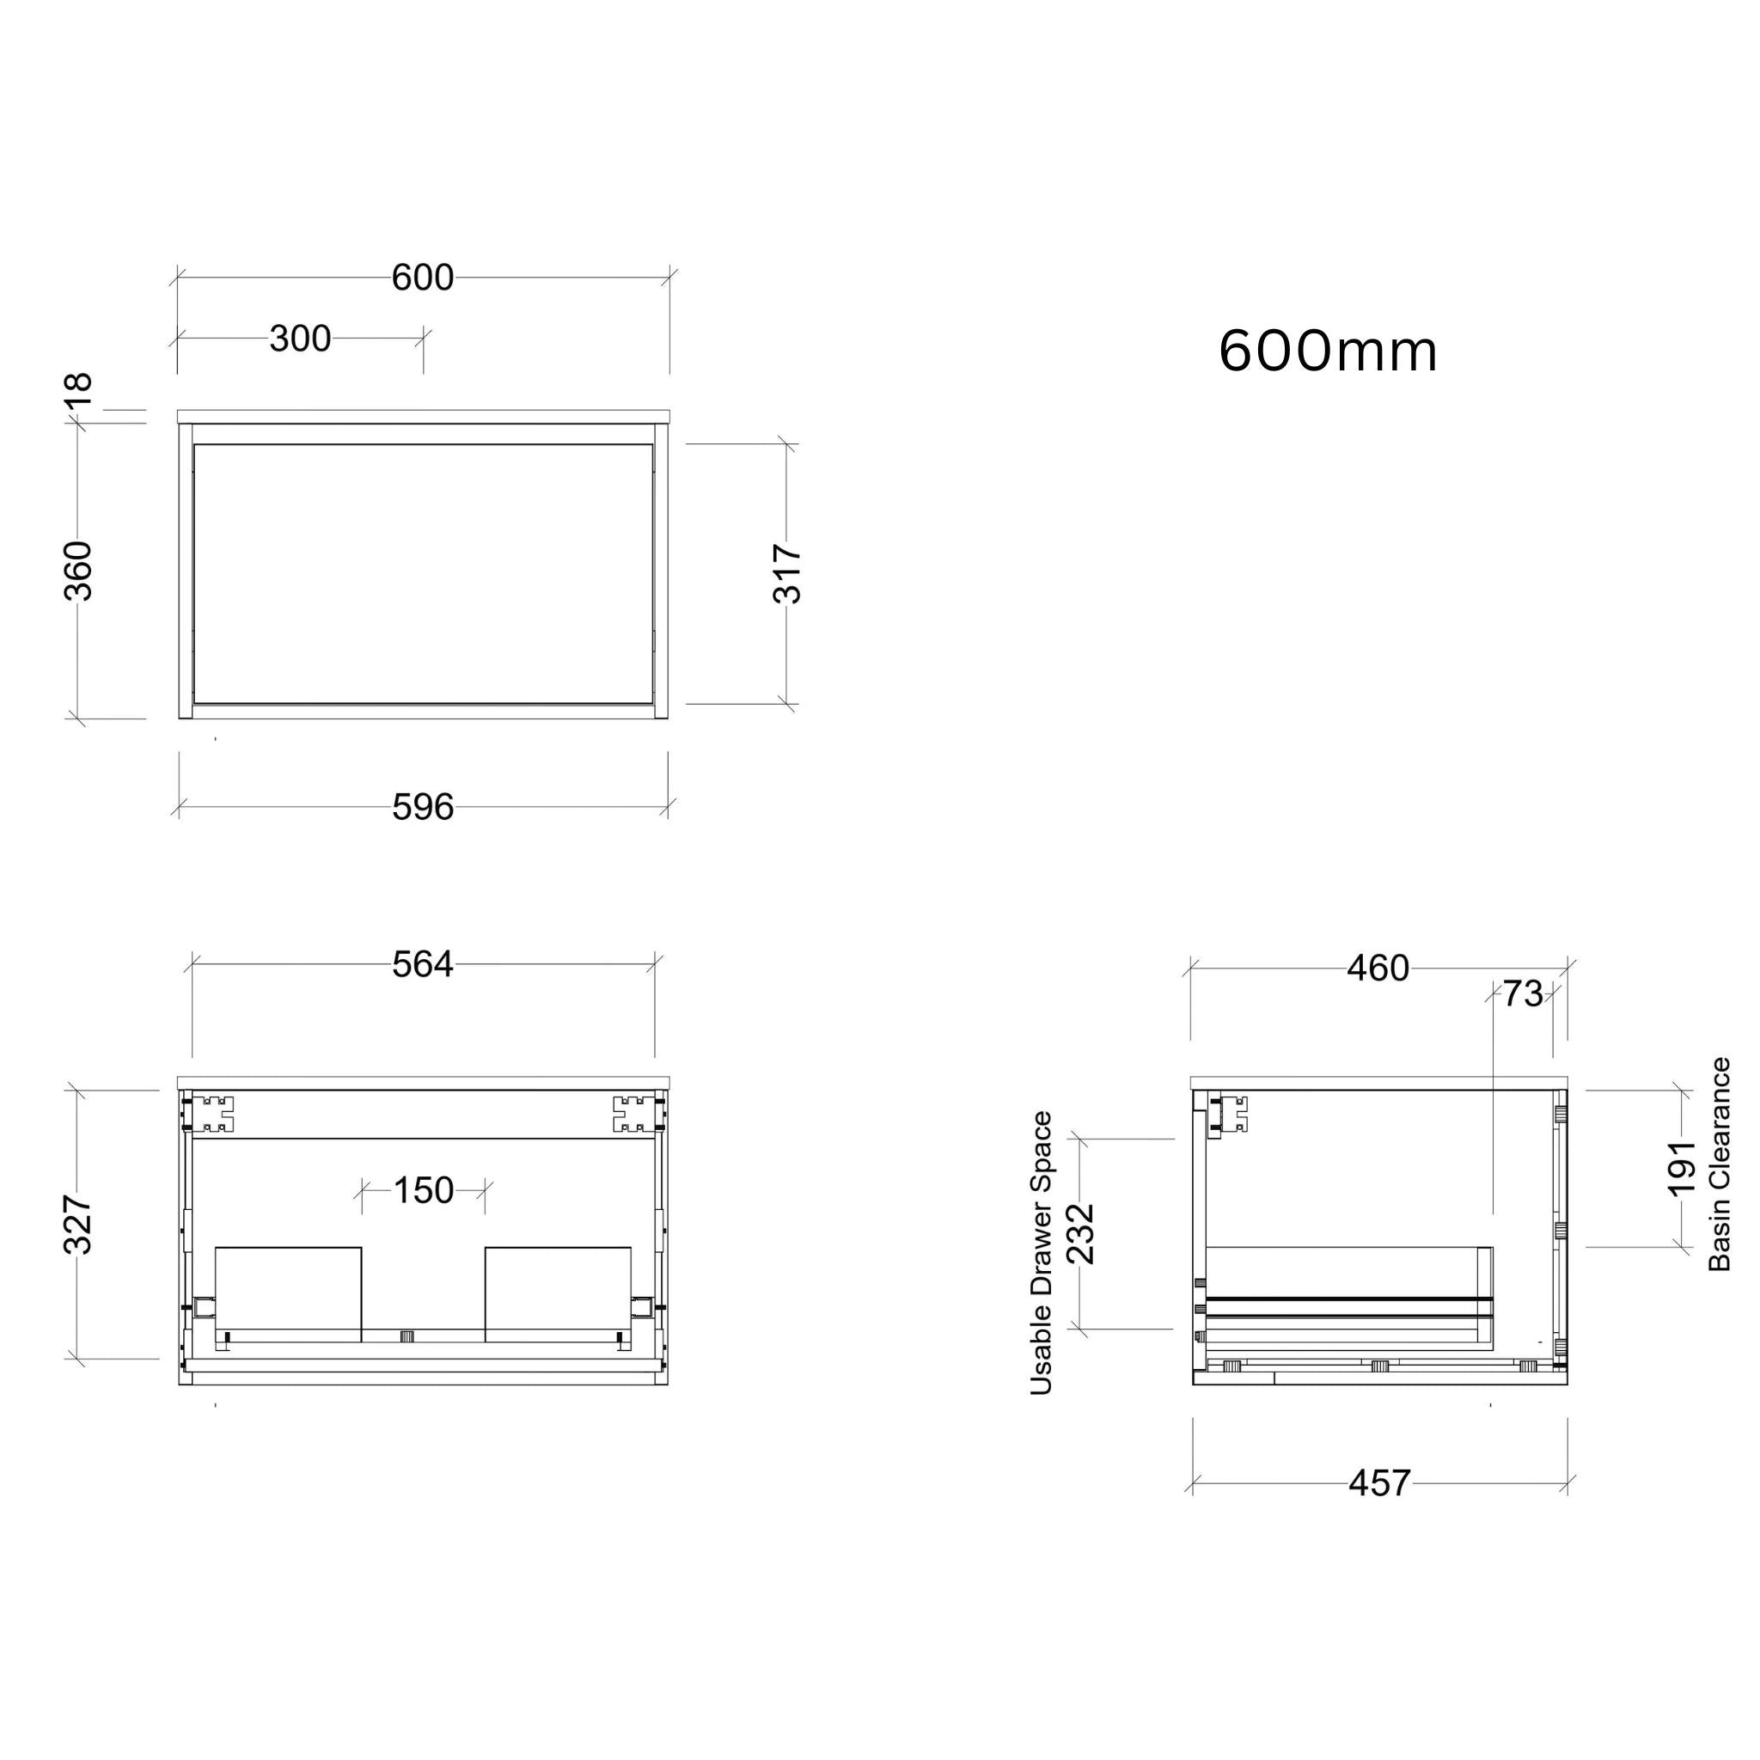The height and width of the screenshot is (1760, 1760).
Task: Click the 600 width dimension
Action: click(x=423, y=277)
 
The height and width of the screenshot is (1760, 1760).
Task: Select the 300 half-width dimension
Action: click(x=300, y=339)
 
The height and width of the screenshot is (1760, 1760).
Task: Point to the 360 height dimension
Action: click(x=78, y=571)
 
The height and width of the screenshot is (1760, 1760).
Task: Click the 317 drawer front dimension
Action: click(x=787, y=574)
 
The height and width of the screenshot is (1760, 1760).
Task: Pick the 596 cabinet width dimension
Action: click(x=423, y=807)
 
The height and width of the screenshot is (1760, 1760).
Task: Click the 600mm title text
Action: click(x=1329, y=351)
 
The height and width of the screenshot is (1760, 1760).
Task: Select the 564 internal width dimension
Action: click(x=423, y=965)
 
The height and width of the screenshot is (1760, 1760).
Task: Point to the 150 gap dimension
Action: click(x=424, y=1189)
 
